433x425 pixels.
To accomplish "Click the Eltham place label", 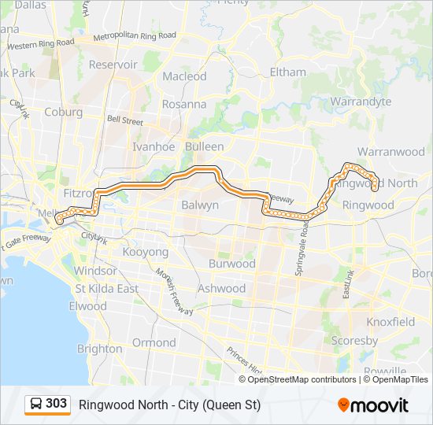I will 287,72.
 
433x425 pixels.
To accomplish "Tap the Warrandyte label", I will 361,102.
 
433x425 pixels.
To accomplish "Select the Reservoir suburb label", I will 113,65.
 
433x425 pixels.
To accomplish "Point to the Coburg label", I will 63,112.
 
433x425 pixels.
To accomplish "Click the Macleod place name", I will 184,76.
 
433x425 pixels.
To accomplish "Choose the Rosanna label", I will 183,104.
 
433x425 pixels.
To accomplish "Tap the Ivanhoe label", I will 153,146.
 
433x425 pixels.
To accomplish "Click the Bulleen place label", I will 204,146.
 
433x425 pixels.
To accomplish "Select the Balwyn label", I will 200,205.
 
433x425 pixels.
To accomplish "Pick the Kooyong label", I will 145,252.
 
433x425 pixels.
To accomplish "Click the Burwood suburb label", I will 231,264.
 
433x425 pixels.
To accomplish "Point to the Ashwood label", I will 221,288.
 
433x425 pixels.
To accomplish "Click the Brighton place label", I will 100,349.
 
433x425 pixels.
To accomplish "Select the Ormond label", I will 154,342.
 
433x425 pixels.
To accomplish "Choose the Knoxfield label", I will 390,322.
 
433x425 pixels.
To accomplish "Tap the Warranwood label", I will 390,151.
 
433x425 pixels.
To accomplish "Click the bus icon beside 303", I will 36,404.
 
